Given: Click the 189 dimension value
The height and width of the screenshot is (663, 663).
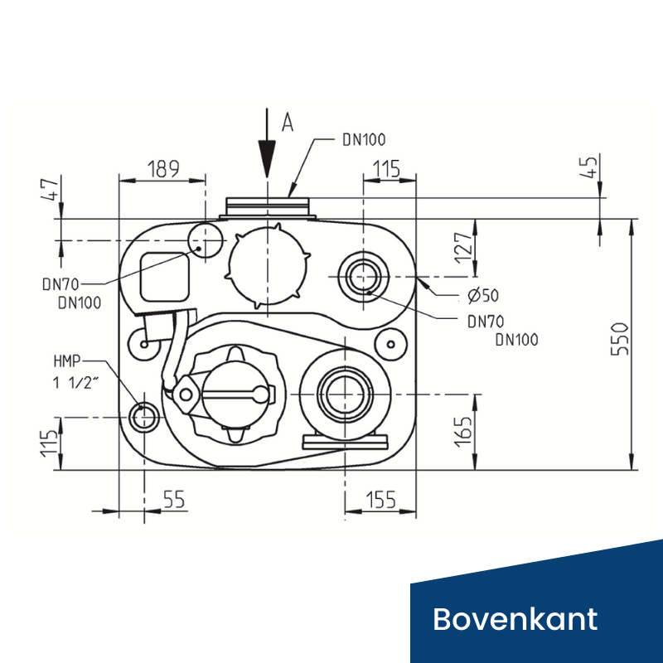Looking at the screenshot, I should coord(163,169).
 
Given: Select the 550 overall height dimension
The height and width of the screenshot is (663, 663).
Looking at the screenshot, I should coord(621,338).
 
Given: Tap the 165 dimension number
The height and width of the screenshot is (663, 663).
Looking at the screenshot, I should coord(464,431).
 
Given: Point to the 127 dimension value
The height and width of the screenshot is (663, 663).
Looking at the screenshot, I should coord(464,248).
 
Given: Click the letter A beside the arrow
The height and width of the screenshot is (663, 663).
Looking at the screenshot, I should coord(288,123).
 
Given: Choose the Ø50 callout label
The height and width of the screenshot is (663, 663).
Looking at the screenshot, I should coord(483,294).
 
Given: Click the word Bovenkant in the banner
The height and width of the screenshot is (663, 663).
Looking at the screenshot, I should coord(515,618).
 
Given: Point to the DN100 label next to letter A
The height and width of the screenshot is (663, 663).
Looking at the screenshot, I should coord(364,140).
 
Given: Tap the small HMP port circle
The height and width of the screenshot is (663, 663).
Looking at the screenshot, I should coord(144,414).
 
